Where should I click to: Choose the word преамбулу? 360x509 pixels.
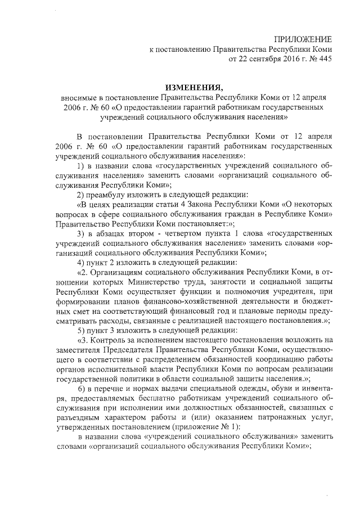click(x=110, y=195)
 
